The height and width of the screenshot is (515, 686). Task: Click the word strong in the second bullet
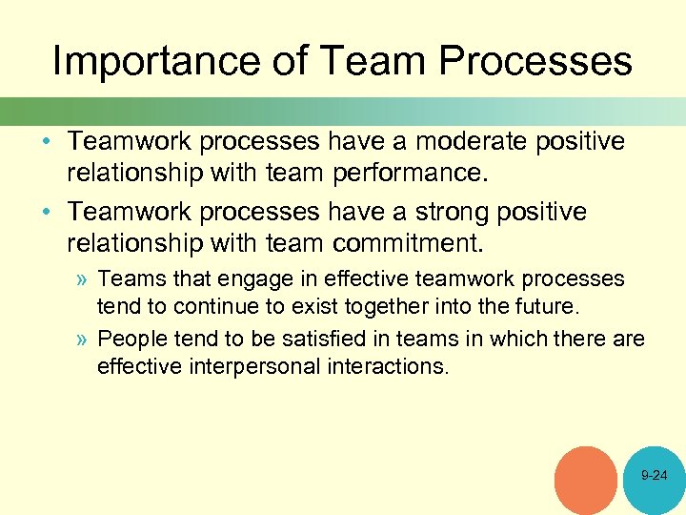coord(434,212)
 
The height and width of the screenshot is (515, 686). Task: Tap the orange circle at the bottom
coord(585,480)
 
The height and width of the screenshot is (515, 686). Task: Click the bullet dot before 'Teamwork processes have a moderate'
coord(53,143)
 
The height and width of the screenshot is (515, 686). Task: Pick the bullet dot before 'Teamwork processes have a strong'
coord(53,212)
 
